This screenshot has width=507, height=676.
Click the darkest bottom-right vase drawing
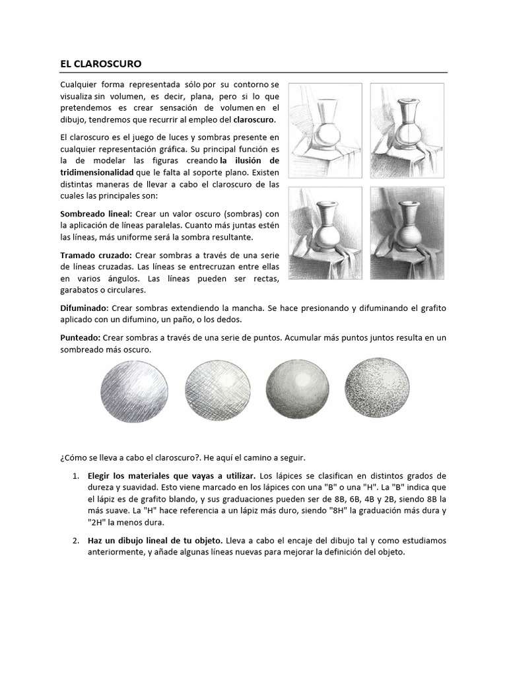point(402,231)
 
